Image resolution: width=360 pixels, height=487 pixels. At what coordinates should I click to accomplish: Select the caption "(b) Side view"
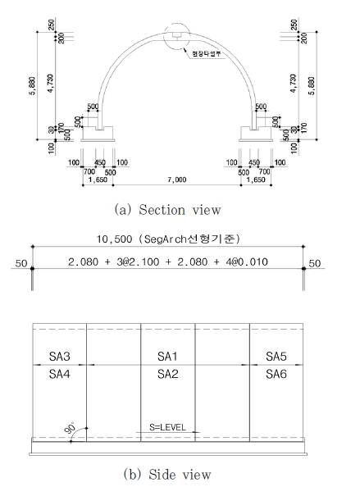tap(168, 474)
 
